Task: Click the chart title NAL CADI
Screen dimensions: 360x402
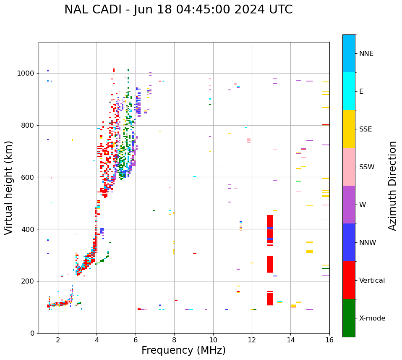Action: click(178, 10)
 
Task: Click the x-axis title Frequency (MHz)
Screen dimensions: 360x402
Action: click(183, 350)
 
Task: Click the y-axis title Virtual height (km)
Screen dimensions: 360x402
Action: click(9, 187)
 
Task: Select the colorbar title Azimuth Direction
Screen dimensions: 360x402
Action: click(392, 185)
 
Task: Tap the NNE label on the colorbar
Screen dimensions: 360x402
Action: click(366, 54)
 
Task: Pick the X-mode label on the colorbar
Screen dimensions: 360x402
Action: click(372, 318)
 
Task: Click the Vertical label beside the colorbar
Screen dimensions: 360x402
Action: click(372, 281)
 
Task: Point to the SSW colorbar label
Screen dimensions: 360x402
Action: click(367, 167)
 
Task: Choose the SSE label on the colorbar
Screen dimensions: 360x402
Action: click(365, 129)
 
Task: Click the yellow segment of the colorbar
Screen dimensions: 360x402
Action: click(349, 129)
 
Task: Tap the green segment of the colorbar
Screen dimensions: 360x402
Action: click(349, 318)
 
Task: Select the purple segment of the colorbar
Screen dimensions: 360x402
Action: click(349, 205)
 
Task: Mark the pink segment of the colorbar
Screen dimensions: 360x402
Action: click(349, 167)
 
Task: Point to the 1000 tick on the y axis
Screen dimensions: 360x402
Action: click(26, 74)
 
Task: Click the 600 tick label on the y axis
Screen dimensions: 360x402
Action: click(28, 177)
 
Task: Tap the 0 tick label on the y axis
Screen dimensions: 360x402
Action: click(32, 333)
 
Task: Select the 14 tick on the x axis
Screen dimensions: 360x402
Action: click(291, 340)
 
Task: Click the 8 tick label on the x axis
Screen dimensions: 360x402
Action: click(174, 340)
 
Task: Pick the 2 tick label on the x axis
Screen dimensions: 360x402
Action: click(58, 340)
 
